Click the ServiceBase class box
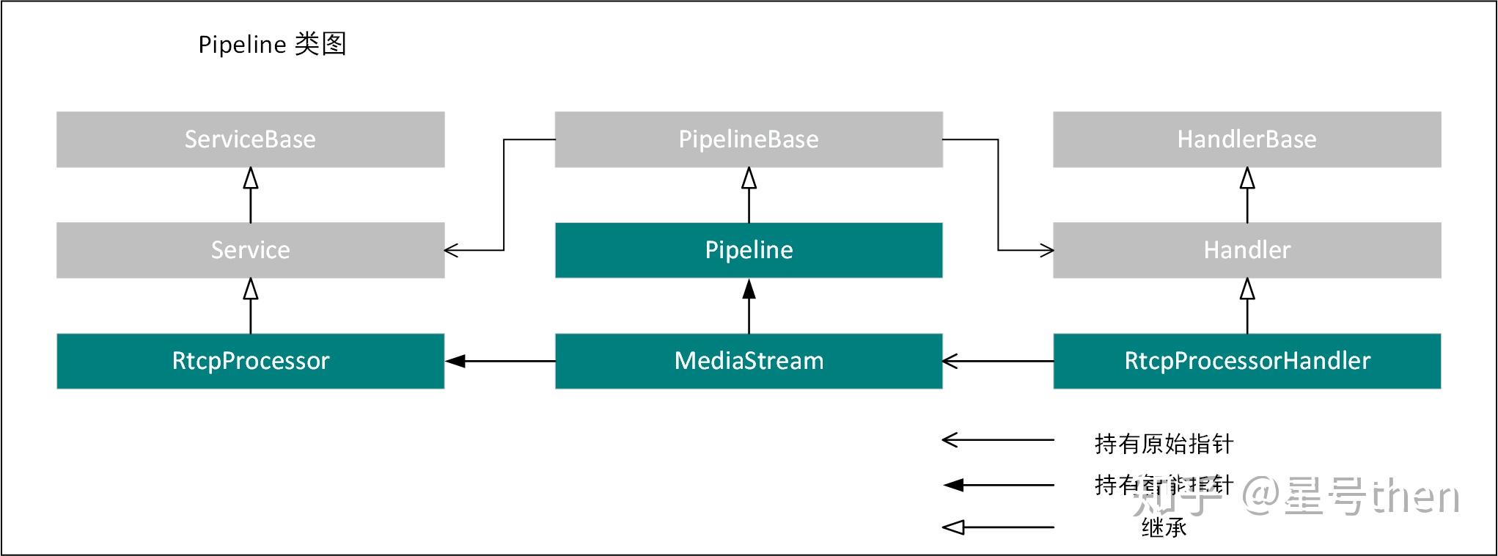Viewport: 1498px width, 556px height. [x=250, y=139]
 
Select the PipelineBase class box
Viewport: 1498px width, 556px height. [x=748, y=139]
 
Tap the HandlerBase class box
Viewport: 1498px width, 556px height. [x=1247, y=139]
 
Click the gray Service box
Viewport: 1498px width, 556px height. [x=250, y=250]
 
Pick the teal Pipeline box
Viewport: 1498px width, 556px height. [x=748, y=250]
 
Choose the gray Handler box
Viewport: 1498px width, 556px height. [x=1247, y=250]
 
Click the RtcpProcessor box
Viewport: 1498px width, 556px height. [x=250, y=361]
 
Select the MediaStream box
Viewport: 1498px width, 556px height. [x=748, y=361]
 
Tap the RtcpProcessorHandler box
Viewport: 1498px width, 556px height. [x=1247, y=361]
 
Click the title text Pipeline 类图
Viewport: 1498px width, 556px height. [x=272, y=45]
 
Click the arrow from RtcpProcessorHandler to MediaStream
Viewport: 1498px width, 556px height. [x=997, y=361]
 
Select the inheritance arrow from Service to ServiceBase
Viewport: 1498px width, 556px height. [x=251, y=195]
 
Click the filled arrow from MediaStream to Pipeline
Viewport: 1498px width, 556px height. [x=749, y=306]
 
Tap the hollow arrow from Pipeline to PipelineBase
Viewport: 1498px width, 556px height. [x=749, y=195]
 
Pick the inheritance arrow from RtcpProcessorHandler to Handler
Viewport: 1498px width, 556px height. [x=1247, y=306]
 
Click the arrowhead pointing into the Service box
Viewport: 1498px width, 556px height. [x=451, y=251]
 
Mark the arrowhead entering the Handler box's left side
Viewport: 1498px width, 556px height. [x=1047, y=251]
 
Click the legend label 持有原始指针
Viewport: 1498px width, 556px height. [x=1163, y=444]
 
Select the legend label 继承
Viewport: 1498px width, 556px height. [x=1163, y=527]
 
